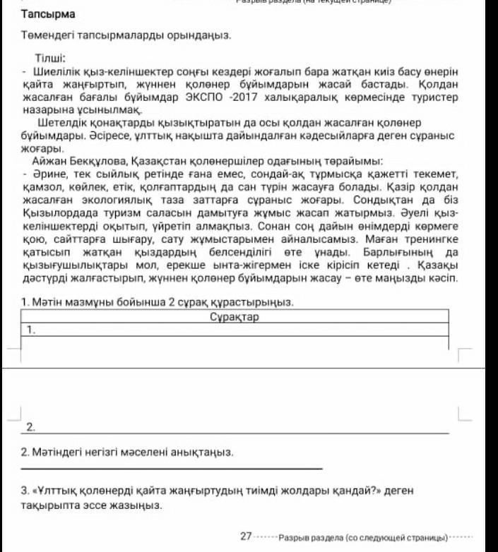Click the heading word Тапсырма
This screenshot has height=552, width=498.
[48, 14]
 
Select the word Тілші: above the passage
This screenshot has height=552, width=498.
[50, 58]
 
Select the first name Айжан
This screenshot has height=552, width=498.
[47, 161]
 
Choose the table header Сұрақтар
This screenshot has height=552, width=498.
[235, 317]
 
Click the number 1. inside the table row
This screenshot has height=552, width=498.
[31, 330]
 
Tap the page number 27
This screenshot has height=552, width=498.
[246, 536]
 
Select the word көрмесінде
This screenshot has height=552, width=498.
[380, 96]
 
